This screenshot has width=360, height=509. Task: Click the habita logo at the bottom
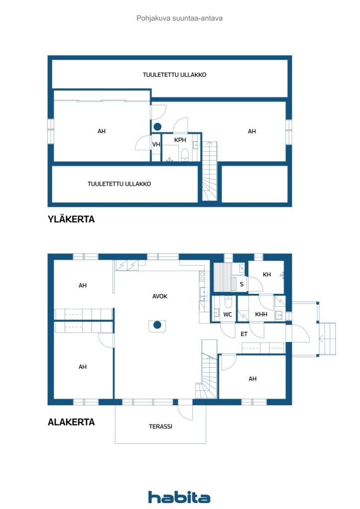coord(179,497)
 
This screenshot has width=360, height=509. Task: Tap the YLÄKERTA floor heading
coord(71,219)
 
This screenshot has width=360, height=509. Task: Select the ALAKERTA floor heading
coord(71,422)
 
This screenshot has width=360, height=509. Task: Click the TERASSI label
coord(161,426)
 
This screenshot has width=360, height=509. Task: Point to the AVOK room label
coord(160,296)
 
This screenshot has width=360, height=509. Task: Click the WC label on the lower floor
coord(228,314)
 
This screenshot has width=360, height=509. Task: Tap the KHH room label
coord(261,314)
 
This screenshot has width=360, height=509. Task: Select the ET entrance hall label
coord(244,334)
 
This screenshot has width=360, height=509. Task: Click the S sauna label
coord(242,284)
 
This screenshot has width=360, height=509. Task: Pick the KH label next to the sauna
coord(267,274)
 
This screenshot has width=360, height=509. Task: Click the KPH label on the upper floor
coord(180,140)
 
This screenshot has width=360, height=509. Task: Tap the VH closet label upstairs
coord(156,144)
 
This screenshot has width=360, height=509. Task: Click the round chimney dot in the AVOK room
coord(157,325)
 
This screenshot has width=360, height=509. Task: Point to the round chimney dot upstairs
coord(158,127)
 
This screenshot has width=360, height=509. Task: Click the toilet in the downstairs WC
coord(228,303)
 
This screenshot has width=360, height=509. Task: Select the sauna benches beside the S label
coord(224,277)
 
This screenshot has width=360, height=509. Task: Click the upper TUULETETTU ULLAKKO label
coord(175,75)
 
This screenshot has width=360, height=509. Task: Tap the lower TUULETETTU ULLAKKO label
coord(119,184)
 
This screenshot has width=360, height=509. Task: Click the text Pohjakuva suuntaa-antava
coord(180,18)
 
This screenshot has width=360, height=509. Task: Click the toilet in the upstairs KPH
coord(184,154)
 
